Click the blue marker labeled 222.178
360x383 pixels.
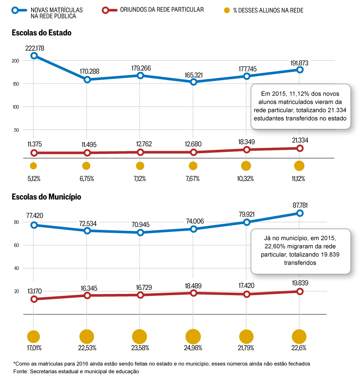(x=34, y=56)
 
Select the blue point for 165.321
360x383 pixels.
(x=194, y=82)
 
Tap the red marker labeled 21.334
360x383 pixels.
(x=300, y=148)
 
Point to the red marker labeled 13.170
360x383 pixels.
(x=34, y=299)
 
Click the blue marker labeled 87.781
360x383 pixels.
(x=300, y=213)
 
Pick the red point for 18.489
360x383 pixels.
(x=194, y=293)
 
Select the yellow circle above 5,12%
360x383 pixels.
(x=33, y=166)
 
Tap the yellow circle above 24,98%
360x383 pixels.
(x=193, y=337)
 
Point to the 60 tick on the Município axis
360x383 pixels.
(x=16, y=245)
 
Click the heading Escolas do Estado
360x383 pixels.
(x=41, y=33)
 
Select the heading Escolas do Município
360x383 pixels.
(x=46, y=197)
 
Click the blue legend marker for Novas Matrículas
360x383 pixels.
(x=15, y=11)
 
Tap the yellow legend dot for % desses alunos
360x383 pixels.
(x=227, y=10)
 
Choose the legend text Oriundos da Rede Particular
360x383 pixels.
(x=162, y=10)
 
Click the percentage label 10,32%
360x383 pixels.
(x=245, y=179)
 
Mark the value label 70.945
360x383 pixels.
(x=141, y=225)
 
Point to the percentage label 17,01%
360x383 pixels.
(x=34, y=348)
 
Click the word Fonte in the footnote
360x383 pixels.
(x=20, y=372)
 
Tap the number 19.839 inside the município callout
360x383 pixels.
(x=330, y=255)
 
